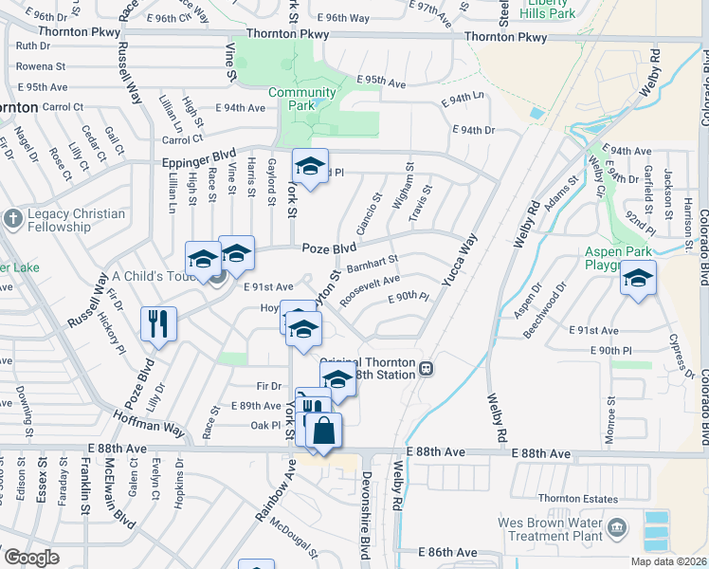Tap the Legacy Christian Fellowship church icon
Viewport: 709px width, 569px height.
point(12,219)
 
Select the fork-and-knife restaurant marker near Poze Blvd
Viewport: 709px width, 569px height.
point(158,324)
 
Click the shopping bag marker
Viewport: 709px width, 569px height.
point(323,430)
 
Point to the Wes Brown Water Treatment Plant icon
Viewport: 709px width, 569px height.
point(618,526)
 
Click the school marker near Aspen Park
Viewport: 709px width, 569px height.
point(639,279)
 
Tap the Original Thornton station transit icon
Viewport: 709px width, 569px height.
point(427,368)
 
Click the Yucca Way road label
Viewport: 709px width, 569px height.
point(458,261)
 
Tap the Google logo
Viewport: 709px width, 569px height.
point(30,558)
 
